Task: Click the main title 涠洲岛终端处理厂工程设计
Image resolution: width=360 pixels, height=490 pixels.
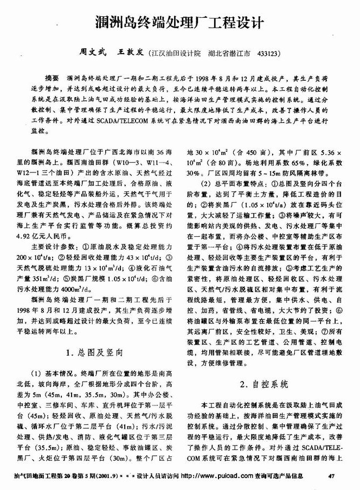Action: [x=179, y=23]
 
